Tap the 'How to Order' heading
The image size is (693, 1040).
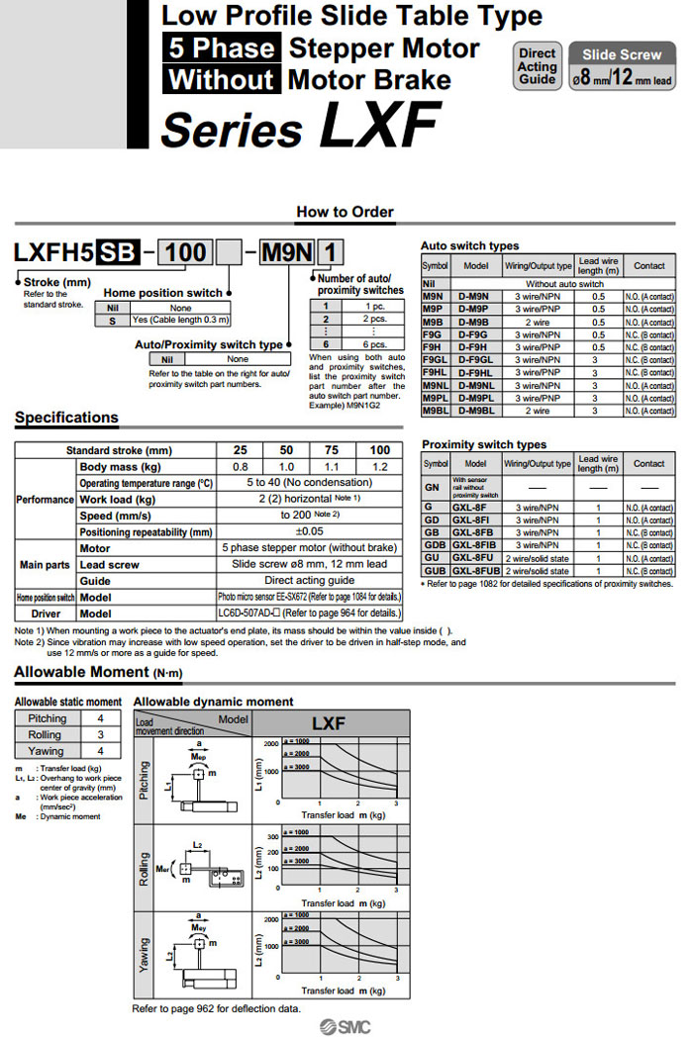click(x=345, y=212)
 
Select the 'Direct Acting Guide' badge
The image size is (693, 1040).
click(x=538, y=66)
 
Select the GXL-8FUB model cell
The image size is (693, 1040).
click(x=475, y=571)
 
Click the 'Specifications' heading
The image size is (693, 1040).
click(x=66, y=418)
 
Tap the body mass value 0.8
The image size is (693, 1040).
click(x=241, y=466)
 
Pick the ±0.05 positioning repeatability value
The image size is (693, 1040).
click(x=310, y=531)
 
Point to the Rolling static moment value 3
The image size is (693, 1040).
click(x=100, y=734)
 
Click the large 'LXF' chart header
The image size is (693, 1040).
click(x=328, y=724)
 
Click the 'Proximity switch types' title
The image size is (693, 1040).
click(x=483, y=445)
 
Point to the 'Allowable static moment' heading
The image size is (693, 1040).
click(x=68, y=702)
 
